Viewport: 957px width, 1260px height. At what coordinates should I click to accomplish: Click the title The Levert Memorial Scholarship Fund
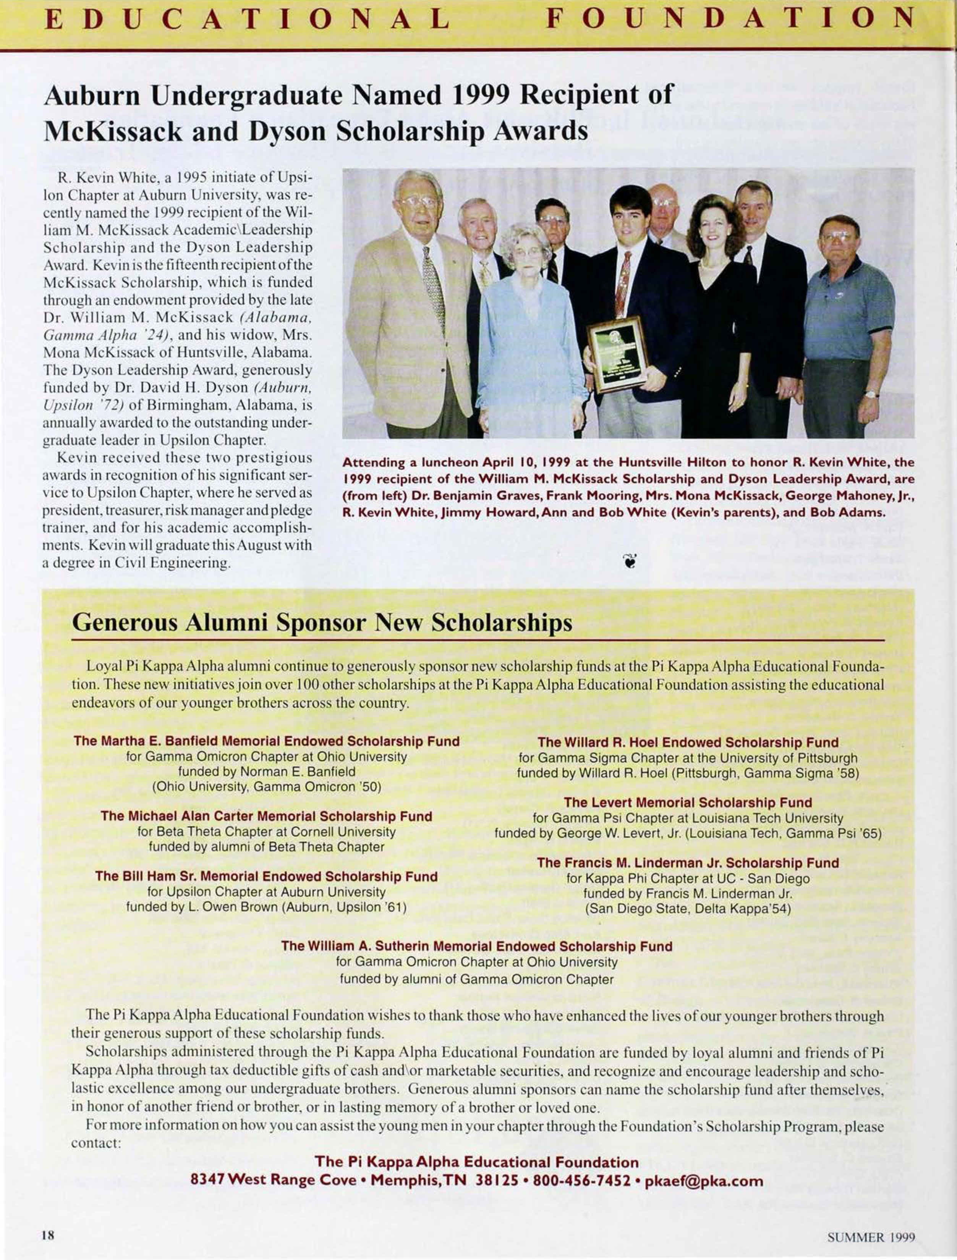point(688,802)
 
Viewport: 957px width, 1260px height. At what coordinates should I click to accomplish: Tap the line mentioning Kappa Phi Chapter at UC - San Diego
point(688,878)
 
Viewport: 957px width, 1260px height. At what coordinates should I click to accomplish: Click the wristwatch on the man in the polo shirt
point(871,394)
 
